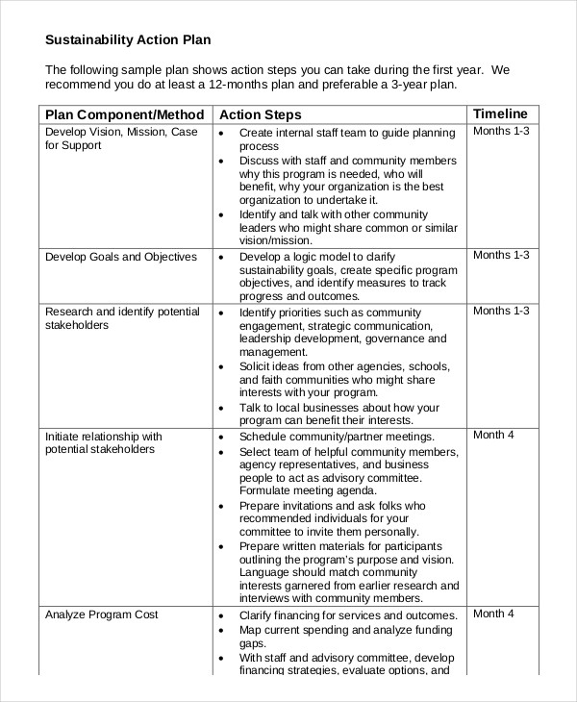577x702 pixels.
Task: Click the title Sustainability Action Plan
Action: (128, 40)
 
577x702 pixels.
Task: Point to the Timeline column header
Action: (500, 113)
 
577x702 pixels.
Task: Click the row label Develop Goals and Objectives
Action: (121, 257)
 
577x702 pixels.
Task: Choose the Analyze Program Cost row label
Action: (102, 614)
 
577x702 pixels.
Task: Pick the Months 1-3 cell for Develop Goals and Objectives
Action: (501, 256)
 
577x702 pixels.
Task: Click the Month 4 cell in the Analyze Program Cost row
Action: (494, 614)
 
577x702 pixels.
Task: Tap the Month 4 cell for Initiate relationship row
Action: (494, 435)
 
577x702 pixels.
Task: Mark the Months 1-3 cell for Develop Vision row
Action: (501, 132)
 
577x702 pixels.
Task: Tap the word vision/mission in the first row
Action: (278, 242)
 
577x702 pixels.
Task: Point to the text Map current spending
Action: (299, 630)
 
